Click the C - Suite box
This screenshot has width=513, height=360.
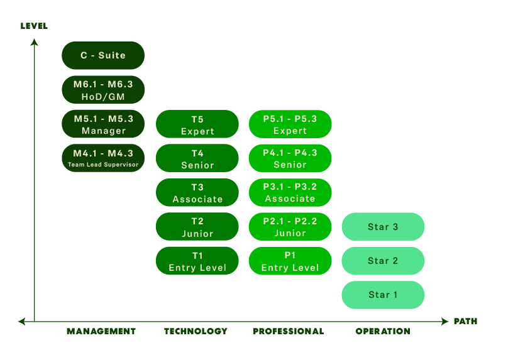pos(103,55)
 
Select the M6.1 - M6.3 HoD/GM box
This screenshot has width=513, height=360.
pos(103,90)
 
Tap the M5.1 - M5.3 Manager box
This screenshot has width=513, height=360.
pos(103,124)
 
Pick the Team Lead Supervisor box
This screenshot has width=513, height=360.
pos(103,158)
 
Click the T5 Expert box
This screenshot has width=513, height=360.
pos(197,124)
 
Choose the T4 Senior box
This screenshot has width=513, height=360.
pos(197,158)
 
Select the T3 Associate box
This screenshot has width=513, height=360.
pos(197,192)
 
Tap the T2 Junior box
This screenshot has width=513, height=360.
pos(197,226)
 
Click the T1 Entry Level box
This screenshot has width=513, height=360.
pos(197,261)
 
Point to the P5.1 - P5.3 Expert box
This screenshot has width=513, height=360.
pos(290,124)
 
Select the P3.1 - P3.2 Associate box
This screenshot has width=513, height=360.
pos(290,192)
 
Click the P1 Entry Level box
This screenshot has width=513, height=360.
pos(290,261)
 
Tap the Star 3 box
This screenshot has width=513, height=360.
pos(383,226)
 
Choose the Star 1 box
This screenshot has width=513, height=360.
pos(383,295)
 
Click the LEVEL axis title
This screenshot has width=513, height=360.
pos(34,26)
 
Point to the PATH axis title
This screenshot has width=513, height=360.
pos(465,322)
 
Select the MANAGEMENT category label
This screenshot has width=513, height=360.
pos(101,332)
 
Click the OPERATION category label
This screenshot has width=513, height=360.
pos(383,332)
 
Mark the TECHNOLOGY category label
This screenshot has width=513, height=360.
pos(196,332)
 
